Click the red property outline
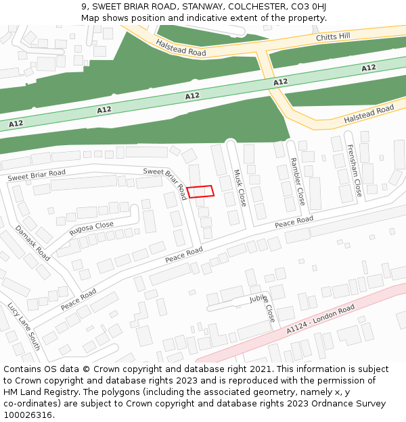point(200,192)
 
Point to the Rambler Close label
point(298,182)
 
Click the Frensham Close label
point(354,171)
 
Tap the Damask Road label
point(32,243)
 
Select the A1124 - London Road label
point(320,319)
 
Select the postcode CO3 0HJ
point(310,7)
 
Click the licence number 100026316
point(28,415)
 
